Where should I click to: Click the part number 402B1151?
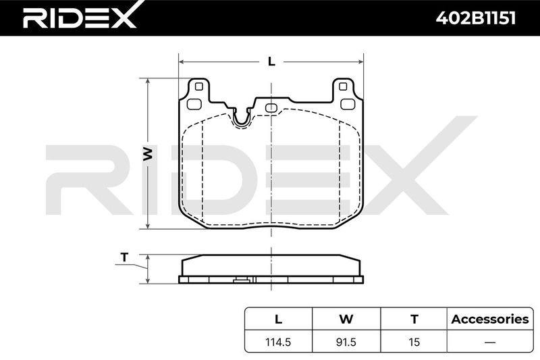point(476,18)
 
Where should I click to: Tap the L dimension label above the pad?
point(272,61)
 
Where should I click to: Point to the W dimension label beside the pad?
point(147,153)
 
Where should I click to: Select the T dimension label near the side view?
point(124,257)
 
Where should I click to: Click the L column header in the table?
point(278,319)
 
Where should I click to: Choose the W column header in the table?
point(346,319)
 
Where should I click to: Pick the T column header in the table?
point(414,319)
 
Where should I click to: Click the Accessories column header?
point(490,319)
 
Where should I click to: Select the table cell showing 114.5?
point(278,342)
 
